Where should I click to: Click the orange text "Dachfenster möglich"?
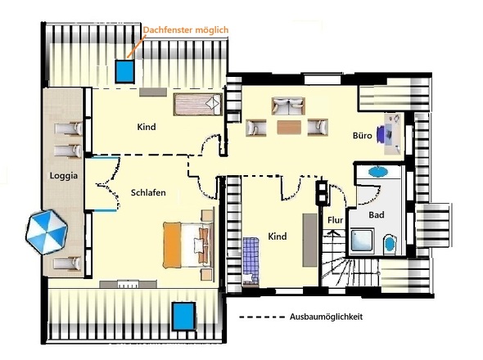pos(186,30)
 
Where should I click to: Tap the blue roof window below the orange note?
pos(124,71)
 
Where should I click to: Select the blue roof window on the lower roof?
pos(184,317)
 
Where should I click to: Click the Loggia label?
pos(64,176)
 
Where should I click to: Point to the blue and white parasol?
pos(47,232)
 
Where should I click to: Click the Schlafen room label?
pos(148,193)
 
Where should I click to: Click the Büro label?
pos(362,136)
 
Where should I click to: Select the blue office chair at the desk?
pos(381,134)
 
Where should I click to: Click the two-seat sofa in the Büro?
pos(288,106)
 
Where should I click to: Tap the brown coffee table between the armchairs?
pos(289,127)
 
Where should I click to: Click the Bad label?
pos(377,214)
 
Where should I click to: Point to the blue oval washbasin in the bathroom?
pos(378,172)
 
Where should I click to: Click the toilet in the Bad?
pos(390,244)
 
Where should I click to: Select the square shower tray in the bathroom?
pos(362,241)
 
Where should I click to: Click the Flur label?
pos(335,220)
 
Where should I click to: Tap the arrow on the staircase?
pos(333,237)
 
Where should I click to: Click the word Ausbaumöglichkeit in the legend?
pos(326,317)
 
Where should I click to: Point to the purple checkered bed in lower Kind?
pos(251,260)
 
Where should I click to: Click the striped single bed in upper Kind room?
pos(198,105)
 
